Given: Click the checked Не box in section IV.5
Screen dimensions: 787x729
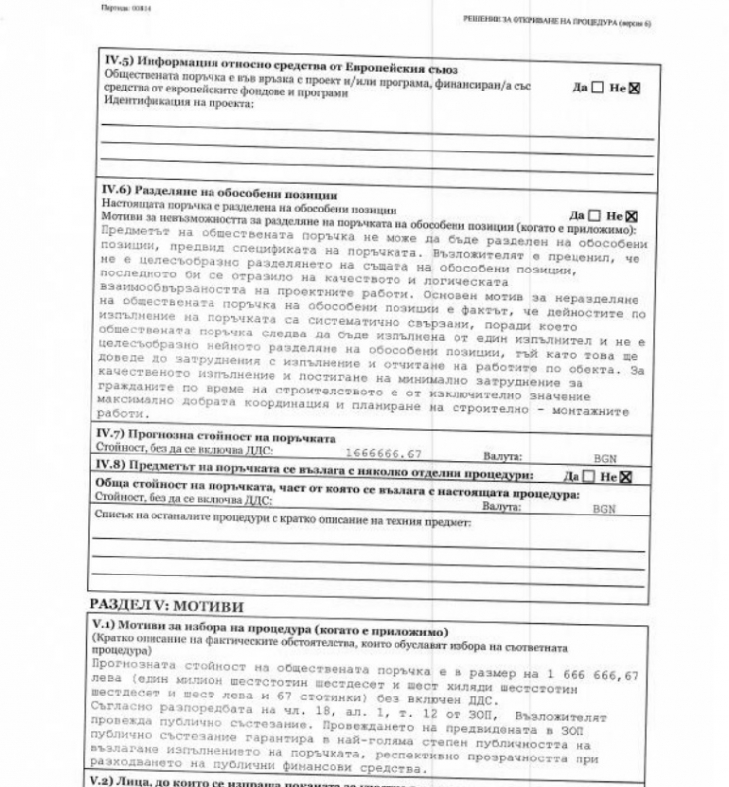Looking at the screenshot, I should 635,88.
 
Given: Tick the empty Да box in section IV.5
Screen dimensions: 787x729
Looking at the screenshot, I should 597,88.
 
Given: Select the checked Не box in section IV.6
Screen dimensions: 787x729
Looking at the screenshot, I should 632,215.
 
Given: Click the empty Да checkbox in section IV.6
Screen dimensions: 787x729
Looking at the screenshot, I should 594,215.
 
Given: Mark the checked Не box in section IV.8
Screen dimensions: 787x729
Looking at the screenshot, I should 625,476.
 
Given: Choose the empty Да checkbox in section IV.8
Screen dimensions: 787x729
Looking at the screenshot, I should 587,476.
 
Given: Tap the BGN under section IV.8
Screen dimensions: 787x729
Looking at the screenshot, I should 605,509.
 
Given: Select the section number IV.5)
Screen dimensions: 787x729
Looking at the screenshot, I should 119,61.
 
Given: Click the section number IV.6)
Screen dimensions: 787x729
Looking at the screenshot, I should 119,195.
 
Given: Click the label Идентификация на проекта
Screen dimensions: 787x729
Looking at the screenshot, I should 177,104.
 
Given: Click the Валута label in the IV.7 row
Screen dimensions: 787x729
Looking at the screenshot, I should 503,457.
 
